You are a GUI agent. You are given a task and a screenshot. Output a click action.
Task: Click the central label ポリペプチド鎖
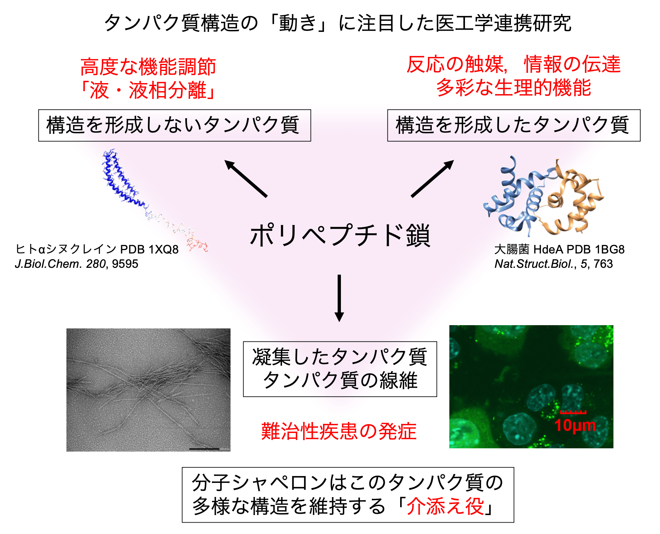point(340,235)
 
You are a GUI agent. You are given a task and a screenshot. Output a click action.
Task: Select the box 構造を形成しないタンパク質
point(175,125)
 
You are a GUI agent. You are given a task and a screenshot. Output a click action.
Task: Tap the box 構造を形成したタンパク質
point(514,125)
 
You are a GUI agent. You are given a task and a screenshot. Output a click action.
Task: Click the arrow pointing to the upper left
point(246,179)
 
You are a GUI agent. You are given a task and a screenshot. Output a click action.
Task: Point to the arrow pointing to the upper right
point(432,179)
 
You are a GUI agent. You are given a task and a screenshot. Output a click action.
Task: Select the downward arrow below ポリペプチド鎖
point(339,298)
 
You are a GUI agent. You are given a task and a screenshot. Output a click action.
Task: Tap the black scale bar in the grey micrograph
point(204,449)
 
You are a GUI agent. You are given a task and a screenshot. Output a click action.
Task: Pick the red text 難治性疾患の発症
point(339,431)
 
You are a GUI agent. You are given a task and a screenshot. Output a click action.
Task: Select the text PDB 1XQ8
point(149,249)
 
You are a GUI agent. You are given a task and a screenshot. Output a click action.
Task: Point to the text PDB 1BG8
point(596,249)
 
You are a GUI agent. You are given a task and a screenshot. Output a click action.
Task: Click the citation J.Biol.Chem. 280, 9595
point(77,264)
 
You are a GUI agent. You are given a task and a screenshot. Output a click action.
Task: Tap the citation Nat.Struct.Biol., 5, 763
point(554,264)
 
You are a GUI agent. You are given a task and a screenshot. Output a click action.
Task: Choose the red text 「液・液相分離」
point(148,90)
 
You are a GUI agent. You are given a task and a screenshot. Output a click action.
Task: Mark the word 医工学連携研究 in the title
point(503,23)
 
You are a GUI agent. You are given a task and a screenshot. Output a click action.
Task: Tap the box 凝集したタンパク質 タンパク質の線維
point(340,369)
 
